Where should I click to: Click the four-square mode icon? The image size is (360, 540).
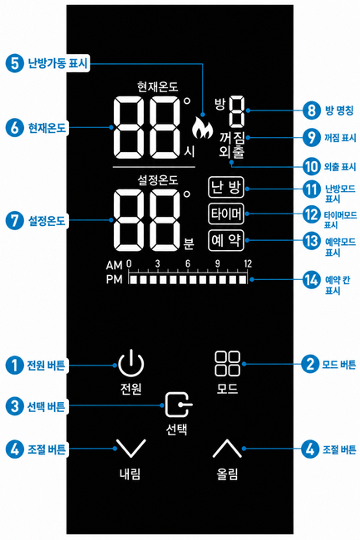227,364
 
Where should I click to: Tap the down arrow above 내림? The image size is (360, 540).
131,449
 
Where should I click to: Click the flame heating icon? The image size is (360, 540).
202,128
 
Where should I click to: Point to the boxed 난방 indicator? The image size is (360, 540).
226,188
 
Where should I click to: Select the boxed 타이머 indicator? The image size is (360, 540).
226,214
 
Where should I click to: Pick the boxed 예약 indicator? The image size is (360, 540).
226,240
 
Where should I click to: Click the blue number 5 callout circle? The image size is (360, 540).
14,63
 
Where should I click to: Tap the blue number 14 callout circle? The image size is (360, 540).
312,280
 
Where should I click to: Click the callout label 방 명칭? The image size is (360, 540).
339,110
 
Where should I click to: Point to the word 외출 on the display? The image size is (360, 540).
232,152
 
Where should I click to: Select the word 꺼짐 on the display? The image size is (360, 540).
232,138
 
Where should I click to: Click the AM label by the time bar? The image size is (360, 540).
114,266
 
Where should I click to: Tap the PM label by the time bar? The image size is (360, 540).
114,279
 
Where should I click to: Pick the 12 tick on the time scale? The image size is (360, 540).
248,264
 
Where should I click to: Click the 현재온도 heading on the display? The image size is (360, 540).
157,86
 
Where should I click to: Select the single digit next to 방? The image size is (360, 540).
237,111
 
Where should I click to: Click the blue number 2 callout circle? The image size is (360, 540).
310,364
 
